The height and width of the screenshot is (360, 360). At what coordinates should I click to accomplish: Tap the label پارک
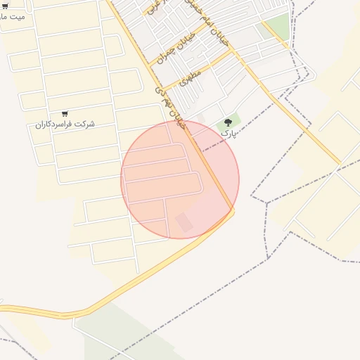click(x=228, y=133)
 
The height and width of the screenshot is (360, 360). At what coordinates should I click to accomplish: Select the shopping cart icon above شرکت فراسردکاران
click(x=65, y=113)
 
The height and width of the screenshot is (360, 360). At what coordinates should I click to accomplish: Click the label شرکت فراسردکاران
click(x=65, y=124)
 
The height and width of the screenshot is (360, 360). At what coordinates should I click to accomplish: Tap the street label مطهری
click(x=190, y=77)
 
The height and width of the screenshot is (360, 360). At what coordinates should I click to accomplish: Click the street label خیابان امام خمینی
click(x=208, y=25)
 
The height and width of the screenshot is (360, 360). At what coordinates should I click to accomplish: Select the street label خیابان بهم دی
click(x=169, y=105)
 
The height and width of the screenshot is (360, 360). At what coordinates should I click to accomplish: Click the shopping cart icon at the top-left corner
click(x=5, y=6)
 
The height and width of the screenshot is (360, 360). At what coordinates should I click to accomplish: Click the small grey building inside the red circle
click(x=184, y=222)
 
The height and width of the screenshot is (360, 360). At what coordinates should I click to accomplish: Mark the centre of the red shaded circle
click(x=180, y=179)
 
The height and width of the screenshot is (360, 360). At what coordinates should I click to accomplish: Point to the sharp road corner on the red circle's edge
click(x=233, y=210)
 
